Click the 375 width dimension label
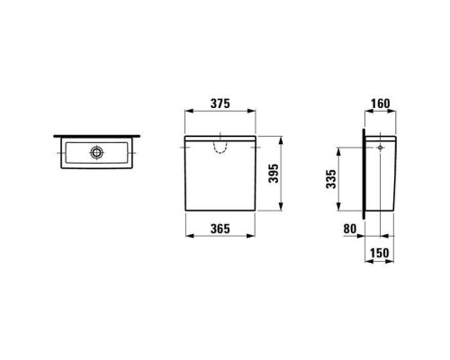pos(220,103)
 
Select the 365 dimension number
pos(220,229)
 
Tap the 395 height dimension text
pos(274,174)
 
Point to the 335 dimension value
pos(331,179)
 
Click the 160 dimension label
pos(381,103)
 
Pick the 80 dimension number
pos(350,229)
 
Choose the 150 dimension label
pos(379,253)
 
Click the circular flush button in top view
pos(97,152)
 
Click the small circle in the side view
pos(380,148)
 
